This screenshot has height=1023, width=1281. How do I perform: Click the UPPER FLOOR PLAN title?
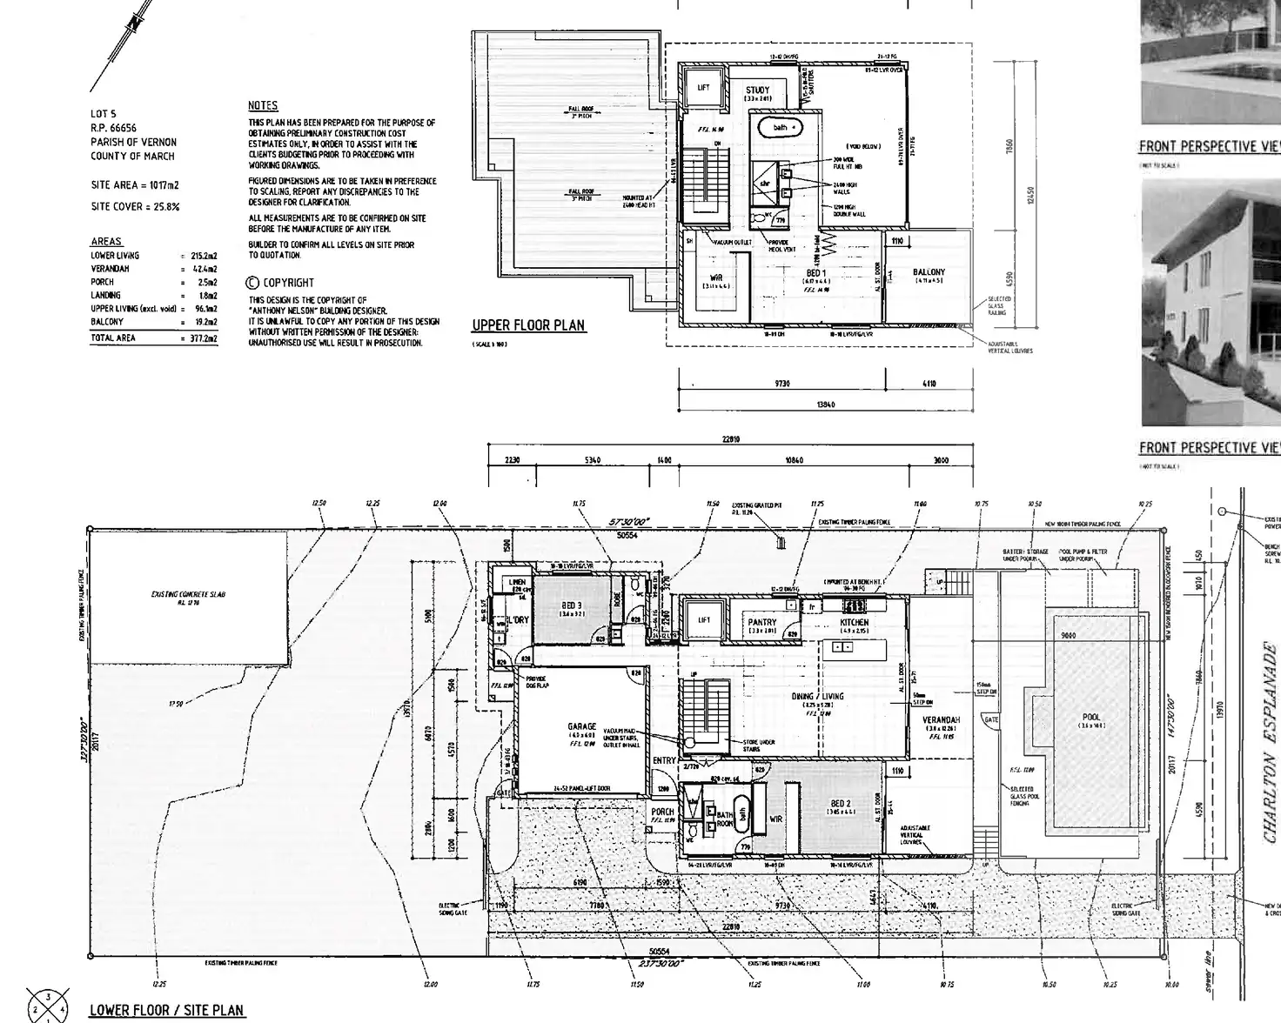528,325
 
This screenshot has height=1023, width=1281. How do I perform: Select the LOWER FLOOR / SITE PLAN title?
167,1010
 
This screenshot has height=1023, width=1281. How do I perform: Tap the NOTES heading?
263,105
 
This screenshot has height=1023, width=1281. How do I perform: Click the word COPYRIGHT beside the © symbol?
289,283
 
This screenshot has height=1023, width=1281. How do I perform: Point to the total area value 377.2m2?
204,338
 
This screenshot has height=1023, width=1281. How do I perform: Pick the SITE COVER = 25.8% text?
135,206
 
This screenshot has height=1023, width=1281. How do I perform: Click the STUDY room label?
757,90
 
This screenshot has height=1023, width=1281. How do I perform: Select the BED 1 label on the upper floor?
815,272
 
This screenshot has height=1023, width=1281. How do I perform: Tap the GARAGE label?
582,726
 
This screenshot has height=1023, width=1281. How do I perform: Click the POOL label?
1091,717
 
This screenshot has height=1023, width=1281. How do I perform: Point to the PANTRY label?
762,623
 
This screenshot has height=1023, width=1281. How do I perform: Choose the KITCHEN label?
854,623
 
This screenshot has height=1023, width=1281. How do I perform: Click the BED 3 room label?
572,605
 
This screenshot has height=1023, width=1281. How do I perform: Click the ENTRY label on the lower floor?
664,760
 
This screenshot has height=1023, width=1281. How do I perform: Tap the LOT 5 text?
103,114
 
